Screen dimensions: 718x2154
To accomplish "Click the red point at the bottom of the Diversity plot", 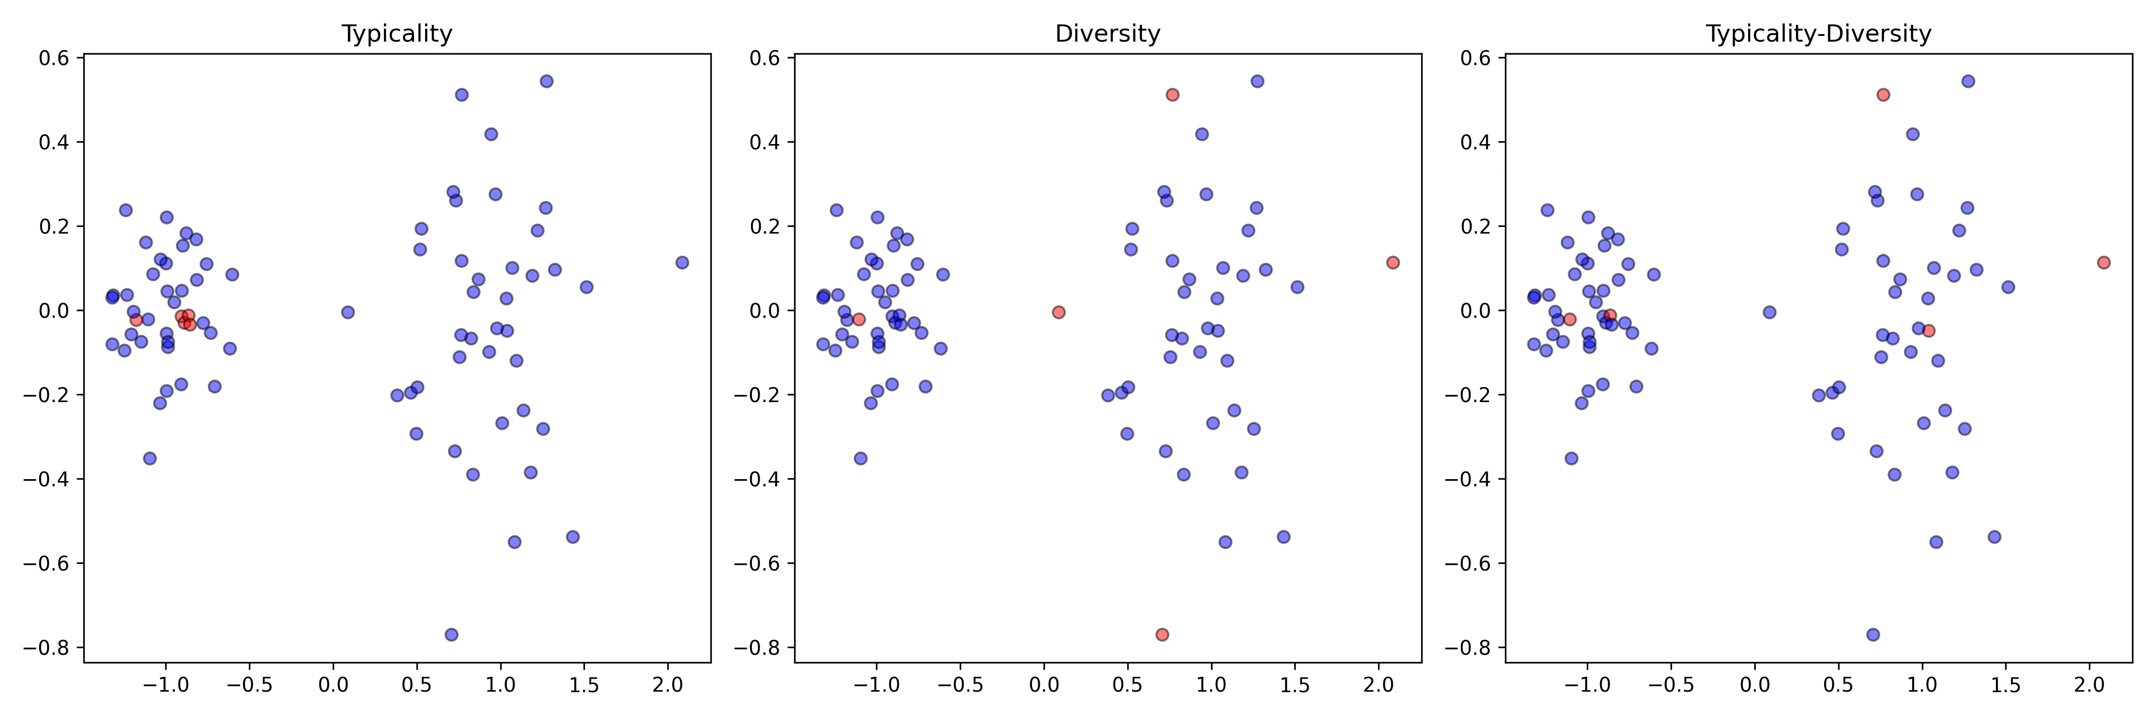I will coord(1161,634).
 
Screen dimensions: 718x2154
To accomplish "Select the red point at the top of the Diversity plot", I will coord(1172,94).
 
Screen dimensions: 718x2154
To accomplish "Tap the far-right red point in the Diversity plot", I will coord(1392,262).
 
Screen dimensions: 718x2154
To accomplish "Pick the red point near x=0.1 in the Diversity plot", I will coord(1059,312).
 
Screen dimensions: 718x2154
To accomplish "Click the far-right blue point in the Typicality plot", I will coord(682,262).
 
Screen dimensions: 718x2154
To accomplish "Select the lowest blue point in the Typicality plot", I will coord(451,634).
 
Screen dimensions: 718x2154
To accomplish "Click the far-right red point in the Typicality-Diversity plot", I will coord(2104,262).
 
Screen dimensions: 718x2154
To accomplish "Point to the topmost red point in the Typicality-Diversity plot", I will coord(1883,94).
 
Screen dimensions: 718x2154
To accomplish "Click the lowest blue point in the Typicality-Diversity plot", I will coord(1873,634).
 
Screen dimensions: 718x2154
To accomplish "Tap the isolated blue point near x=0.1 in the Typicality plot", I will coord(348,312).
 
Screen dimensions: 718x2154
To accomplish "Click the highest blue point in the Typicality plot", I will coord(546,81).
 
